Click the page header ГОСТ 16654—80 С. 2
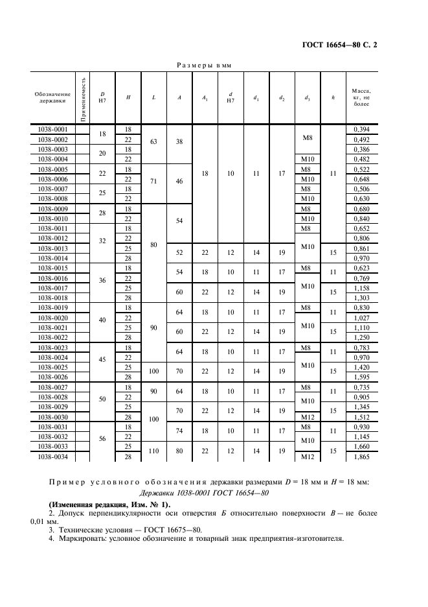(x=340, y=45)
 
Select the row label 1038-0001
(x=53, y=130)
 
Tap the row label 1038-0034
(x=53, y=457)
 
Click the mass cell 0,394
(x=361, y=130)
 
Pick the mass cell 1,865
(x=361, y=457)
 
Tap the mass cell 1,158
(x=361, y=287)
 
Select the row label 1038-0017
(x=53, y=287)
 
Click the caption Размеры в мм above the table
(x=205, y=65)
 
